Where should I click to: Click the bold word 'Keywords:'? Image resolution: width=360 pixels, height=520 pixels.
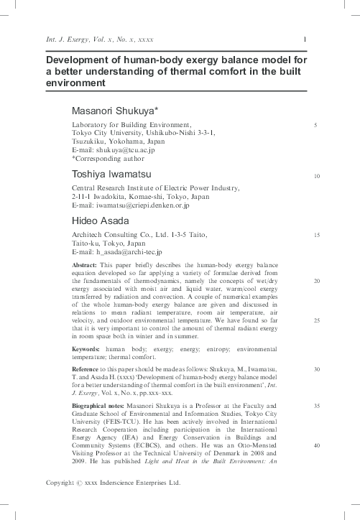coord(86,348)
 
